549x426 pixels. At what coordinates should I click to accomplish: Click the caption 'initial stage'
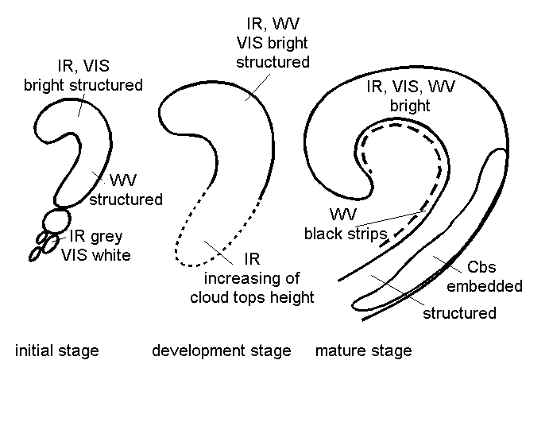tap(56, 350)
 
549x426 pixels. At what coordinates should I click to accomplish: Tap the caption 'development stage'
tap(221, 350)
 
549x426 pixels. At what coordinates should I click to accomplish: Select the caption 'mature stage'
tap(363, 350)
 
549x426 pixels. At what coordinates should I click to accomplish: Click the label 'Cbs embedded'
tap(494, 277)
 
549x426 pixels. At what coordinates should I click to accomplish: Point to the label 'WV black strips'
tap(344, 224)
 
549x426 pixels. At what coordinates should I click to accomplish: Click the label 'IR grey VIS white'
tap(95, 245)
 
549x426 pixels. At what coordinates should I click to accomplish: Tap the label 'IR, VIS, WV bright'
tap(410, 96)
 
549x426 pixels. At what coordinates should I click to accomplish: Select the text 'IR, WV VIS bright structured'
tap(272, 43)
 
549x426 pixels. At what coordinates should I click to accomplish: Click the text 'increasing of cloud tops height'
tap(252, 288)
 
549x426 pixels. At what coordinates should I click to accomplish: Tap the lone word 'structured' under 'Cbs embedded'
tap(458, 312)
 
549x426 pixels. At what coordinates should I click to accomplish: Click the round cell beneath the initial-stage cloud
tap(56, 219)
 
